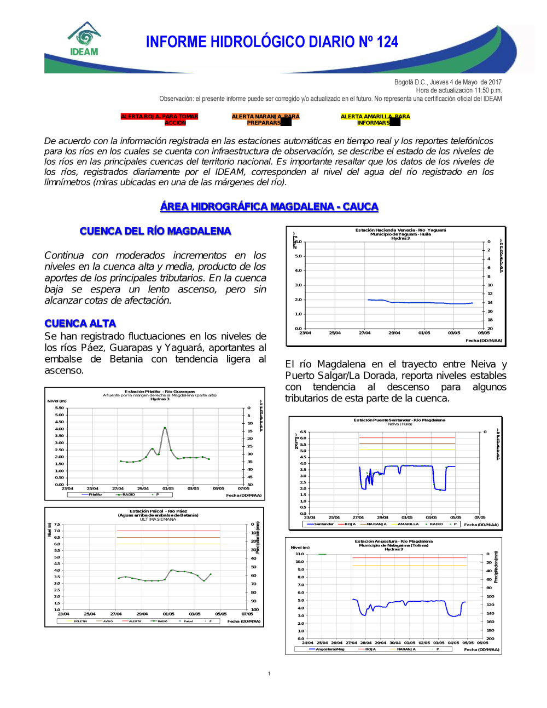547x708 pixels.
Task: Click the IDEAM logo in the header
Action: (84, 39)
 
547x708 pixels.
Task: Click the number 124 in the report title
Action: (387, 42)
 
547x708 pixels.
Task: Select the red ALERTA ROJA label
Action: (159, 119)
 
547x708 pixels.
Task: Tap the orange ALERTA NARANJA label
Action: (265, 119)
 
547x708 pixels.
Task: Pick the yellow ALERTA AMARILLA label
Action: (375, 119)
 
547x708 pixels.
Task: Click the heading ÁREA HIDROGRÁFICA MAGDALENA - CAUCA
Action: (269, 206)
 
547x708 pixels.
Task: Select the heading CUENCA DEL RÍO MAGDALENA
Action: (155, 231)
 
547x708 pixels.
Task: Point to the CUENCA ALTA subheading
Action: (80, 324)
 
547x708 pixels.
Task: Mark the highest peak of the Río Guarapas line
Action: (165, 428)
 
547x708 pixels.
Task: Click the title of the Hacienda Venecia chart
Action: (400, 230)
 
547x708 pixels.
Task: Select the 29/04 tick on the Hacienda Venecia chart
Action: (394, 333)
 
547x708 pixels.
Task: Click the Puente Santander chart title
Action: (399, 420)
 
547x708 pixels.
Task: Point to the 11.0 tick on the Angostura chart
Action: (300, 554)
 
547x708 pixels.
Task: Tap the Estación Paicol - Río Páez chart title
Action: (158, 511)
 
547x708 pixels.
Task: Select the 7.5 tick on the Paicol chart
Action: (57, 524)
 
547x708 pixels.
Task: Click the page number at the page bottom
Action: (269, 674)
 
